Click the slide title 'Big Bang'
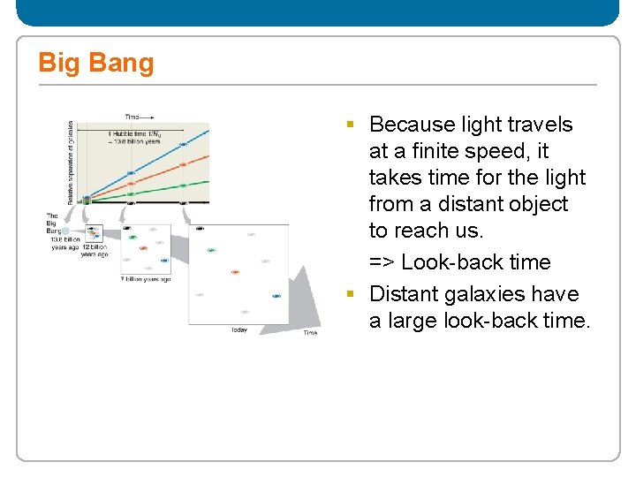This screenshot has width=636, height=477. [95, 63]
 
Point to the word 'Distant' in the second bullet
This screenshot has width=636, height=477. [405, 294]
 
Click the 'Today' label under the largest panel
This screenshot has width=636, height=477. [238, 330]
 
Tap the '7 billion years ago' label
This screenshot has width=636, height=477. [146, 279]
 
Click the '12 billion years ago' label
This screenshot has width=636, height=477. [94, 251]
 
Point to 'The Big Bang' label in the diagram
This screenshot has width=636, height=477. [52, 223]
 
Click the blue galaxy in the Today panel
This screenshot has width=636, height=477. [276, 297]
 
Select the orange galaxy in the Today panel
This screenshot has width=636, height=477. [235, 272]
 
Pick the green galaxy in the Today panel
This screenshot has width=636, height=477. [211, 250]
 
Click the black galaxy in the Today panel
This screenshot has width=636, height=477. [200, 228]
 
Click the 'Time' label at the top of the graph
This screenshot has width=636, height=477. [132, 117]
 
